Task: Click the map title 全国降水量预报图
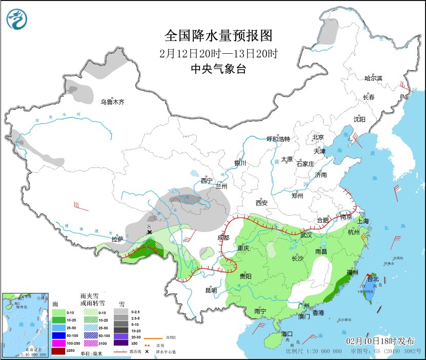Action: click(x=218, y=36)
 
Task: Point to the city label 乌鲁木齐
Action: click(x=112, y=102)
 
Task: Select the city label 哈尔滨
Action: click(x=373, y=78)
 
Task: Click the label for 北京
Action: click(x=318, y=137)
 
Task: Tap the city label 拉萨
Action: click(x=117, y=239)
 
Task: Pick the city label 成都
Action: click(x=224, y=238)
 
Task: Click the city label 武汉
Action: click(x=306, y=235)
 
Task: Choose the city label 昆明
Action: click(x=211, y=290)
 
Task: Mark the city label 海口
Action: click(x=288, y=333)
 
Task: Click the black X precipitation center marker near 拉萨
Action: click(x=149, y=232)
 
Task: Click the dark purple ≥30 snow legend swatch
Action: click(x=121, y=343)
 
